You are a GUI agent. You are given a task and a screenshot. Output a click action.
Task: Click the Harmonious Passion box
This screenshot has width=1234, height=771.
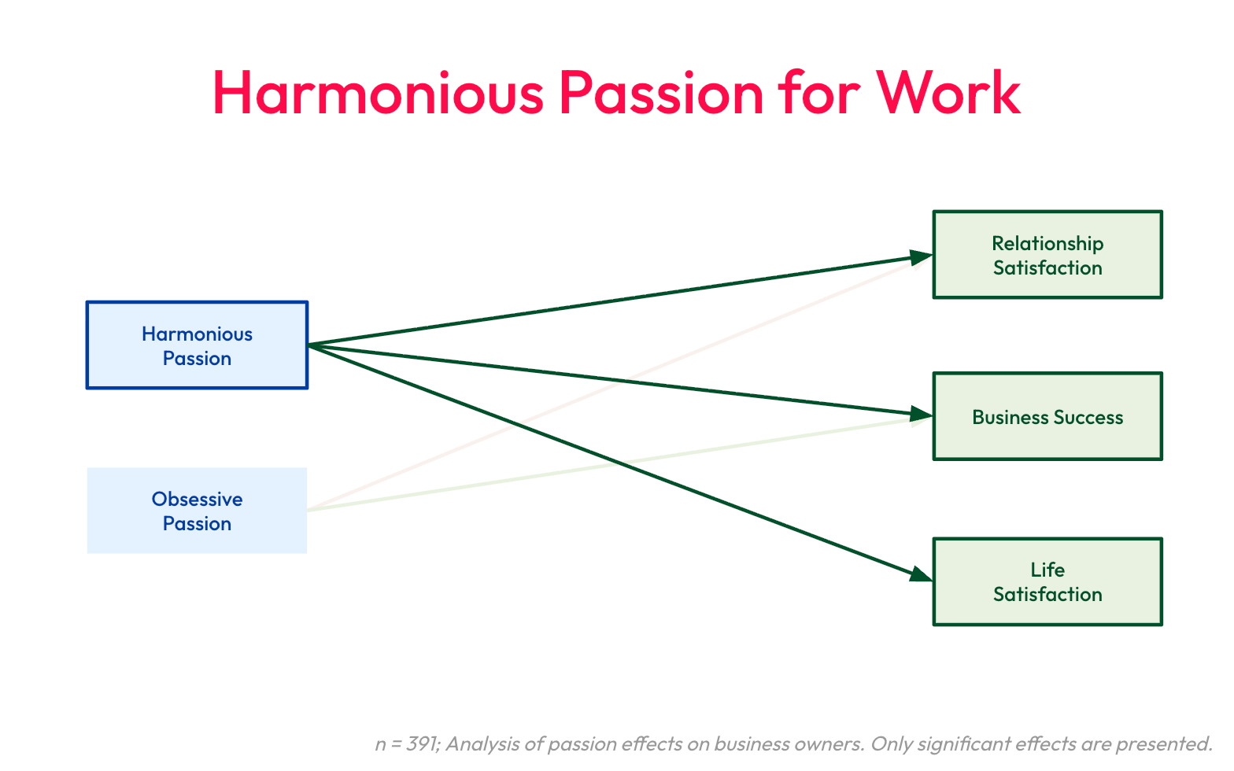coord(197,345)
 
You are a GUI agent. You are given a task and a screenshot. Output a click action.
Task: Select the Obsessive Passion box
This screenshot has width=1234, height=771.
coord(197,511)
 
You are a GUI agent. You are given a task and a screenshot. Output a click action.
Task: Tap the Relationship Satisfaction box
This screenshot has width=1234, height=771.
coord(1047,255)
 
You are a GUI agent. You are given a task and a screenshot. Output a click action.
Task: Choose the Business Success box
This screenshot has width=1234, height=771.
coord(1047,416)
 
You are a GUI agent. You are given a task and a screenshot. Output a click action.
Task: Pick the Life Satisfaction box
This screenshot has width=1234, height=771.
coord(1047,581)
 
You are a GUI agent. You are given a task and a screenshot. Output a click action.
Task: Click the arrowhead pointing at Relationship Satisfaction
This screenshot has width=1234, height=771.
coord(921,256)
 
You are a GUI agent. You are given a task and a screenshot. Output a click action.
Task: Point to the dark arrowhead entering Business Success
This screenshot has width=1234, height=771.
coord(921,414)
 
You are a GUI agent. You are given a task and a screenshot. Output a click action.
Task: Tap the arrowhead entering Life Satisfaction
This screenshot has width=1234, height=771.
coord(920,575)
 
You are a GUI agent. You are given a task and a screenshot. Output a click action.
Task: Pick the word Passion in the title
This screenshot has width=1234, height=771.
coord(661,93)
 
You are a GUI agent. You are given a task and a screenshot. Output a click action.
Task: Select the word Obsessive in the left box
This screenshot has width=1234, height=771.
coord(197,499)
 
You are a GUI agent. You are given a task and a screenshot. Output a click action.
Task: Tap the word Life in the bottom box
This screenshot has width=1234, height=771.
coord(1047,570)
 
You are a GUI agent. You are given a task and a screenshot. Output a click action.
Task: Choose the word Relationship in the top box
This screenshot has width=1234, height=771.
coord(1047,243)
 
